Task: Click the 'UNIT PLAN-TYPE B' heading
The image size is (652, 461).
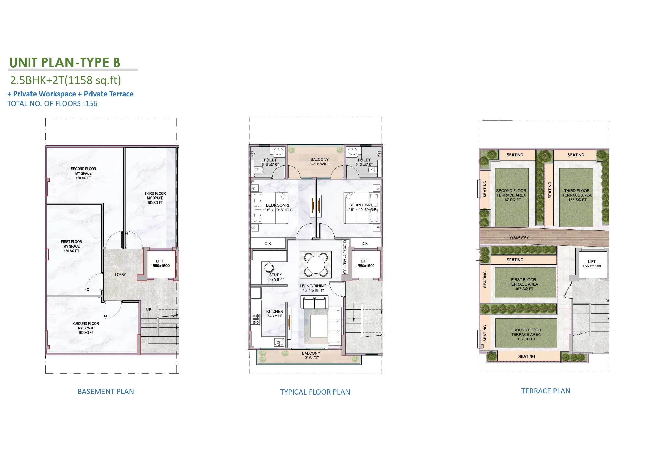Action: pos(65,63)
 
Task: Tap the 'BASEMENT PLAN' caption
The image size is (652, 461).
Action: pos(106,391)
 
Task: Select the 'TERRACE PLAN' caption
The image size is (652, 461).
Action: pos(546,391)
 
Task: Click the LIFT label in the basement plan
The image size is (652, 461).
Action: pos(160,261)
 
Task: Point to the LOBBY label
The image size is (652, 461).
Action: pos(120,274)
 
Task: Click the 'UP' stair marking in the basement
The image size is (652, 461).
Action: pos(148,310)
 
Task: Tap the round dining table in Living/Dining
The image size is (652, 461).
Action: pos(316,264)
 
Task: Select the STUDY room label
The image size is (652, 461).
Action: pos(275,275)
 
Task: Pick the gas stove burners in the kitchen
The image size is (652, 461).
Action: pos(256,319)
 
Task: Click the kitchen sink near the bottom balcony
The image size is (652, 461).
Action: pos(279,342)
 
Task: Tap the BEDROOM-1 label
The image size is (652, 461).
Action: pos(360,205)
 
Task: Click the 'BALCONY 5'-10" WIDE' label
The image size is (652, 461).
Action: pos(320,162)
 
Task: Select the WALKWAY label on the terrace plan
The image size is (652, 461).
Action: pos(519,237)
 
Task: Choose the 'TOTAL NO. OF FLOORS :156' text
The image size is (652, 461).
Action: pos(52,103)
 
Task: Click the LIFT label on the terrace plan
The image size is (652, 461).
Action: pos(592,261)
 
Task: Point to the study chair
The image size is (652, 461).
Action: pos(269,267)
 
